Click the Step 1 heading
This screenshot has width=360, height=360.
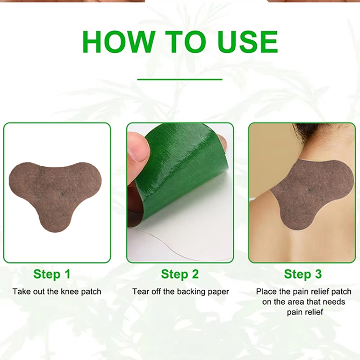click(52, 274)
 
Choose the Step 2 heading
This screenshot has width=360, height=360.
click(180, 274)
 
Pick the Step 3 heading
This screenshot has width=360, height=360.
click(303, 274)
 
